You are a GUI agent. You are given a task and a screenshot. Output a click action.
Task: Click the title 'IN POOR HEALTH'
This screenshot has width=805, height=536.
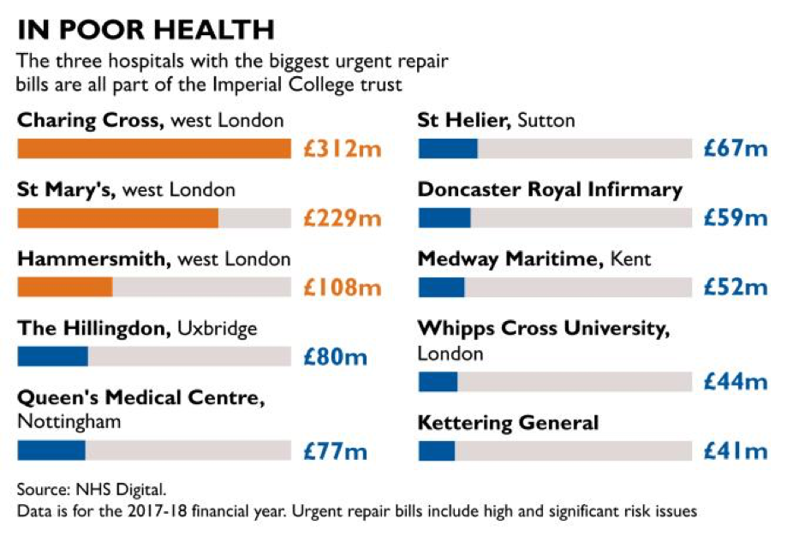pyautogui.click(x=146, y=30)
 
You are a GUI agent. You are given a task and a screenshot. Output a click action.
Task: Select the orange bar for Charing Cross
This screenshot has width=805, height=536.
pyautogui.click(x=154, y=149)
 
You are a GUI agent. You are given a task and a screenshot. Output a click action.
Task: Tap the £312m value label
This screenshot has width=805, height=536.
pyautogui.click(x=343, y=149)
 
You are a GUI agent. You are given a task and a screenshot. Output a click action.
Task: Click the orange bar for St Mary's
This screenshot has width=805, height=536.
pyautogui.click(x=117, y=218)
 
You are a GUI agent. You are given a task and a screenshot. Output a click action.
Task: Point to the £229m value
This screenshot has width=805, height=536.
pyautogui.click(x=343, y=218)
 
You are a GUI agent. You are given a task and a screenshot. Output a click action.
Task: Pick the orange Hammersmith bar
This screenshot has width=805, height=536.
pyautogui.click(x=65, y=288)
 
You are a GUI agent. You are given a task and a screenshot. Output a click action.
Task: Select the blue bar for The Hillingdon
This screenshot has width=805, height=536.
pyautogui.click(x=53, y=356)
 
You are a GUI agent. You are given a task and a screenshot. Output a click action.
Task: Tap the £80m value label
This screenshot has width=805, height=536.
pyautogui.click(x=335, y=356)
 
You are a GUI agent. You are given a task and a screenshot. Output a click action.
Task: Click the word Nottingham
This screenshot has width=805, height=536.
pyautogui.click(x=69, y=421)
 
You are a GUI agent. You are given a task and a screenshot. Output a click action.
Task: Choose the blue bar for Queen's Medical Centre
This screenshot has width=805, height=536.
pyautogui.click(x=51, y=450)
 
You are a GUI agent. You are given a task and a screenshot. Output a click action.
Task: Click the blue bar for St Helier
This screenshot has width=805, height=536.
pyautogui.click(x=448, y=149)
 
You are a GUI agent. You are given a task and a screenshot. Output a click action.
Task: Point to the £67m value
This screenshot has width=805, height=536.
pyautogui.click(x=736, y=149)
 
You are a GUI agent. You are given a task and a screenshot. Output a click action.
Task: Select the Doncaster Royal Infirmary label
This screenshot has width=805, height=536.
pyautogui.click(x=550, y=189)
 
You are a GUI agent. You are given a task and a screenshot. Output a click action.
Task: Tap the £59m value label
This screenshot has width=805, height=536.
pyautogui.click(x=736, y=218)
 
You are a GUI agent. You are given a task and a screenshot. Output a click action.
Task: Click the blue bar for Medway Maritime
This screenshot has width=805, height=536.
pyautogui.click(x=442, y=288)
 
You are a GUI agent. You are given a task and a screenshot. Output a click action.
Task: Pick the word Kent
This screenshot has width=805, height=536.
pyautogui.click(x=630, y=259)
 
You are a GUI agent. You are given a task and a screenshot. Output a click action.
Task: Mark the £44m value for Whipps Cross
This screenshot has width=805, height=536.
pyautogui.click(x=736, y=382)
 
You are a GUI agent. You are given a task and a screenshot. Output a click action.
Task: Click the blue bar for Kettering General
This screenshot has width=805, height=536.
pyautogui.click(x=437, y=450)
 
